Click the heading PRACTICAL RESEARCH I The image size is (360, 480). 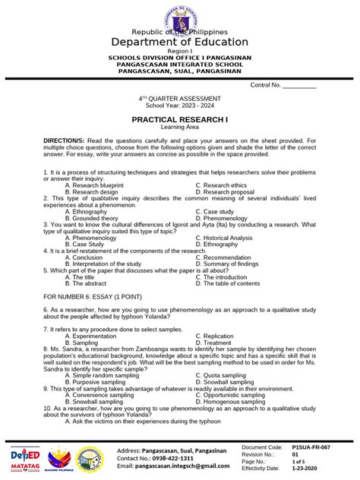point(179,120)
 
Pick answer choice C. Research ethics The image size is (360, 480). point(221,185)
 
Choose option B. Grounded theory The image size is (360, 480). point(95,219)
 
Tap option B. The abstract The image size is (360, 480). point(87,284)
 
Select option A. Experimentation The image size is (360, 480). point(95,335)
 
